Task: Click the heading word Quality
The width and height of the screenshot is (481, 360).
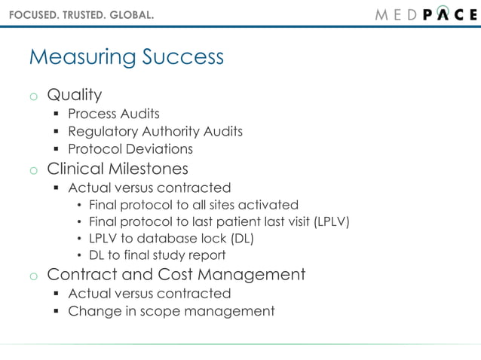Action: point(74,95)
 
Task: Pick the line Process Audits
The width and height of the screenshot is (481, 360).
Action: point(114,114)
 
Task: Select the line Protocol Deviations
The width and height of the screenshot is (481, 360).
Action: point(130,150)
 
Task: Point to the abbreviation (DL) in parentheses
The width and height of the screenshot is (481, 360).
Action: point(242,239)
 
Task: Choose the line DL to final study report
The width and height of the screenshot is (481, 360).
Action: point(157,255)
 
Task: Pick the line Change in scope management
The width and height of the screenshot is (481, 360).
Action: point(171,310)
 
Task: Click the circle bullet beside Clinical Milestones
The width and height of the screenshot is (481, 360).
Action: point(33,169)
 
